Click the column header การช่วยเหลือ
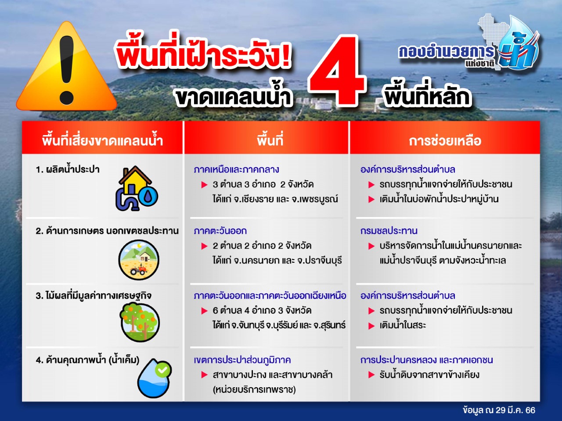tap(445, 141)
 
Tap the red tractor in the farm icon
tap(138, 270)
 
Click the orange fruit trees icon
tap(140, 322)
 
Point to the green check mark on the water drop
tap(162, 370)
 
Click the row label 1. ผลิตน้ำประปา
tap(68, 169)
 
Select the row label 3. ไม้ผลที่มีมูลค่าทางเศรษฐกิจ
tap(94, 296)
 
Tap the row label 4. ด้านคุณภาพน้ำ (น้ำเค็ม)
tap(87, 360)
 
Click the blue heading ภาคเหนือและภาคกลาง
tap(236, 169)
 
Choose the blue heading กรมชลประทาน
tap(389, 231)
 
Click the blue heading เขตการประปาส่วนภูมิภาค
tap(242, 360)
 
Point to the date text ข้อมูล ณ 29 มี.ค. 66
tap(499, 410)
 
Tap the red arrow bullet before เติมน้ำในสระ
tap(371, 326)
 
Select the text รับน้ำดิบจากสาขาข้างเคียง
tap(429, 375)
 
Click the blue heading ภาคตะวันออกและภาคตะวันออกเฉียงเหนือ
tap(270, 296)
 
